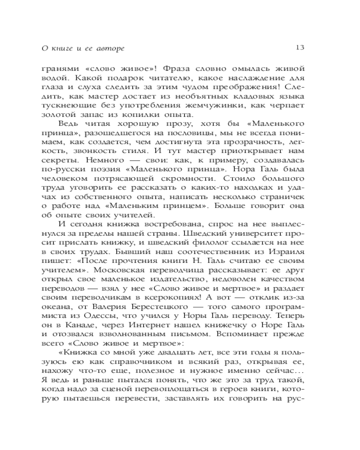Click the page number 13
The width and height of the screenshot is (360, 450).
(301, 47)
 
